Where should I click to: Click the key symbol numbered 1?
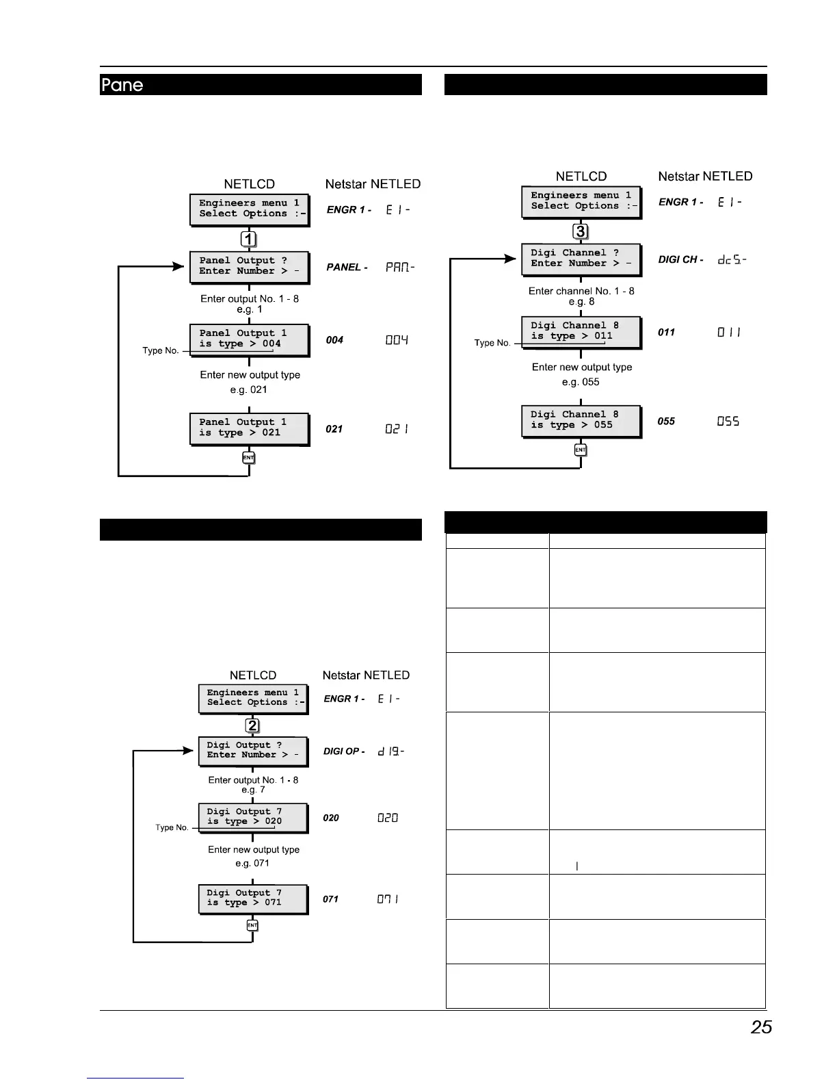click(x=250, y=239)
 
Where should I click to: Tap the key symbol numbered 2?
click(x=252, y=725)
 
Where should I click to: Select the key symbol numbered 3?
click(x=581, y=231)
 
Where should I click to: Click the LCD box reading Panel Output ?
click(x=250, y=266)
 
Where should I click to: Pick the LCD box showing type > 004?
click(x=250, y=339)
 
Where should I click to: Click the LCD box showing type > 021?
click(x=250, y=428)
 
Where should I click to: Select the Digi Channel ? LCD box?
click(x=581, y=259)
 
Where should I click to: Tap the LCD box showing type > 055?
click(x=581, y=420)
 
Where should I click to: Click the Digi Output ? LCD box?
click(x=253, y=750)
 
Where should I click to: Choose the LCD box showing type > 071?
click(x=253, y=898)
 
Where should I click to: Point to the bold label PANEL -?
click(x=347, y=267)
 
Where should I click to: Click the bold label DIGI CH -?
click(x=680, y=259)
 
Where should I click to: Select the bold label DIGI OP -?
click(x=343, y=751)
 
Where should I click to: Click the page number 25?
click(x=761, y=1027)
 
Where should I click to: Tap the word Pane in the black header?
click(x=122, y=85)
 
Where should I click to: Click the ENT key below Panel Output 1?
click(x=249, y=457)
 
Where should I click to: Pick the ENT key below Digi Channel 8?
click(x=581, y=450)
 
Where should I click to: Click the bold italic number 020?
click(x=331, y=818)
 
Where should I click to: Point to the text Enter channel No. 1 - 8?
click(x=581, y=291)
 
